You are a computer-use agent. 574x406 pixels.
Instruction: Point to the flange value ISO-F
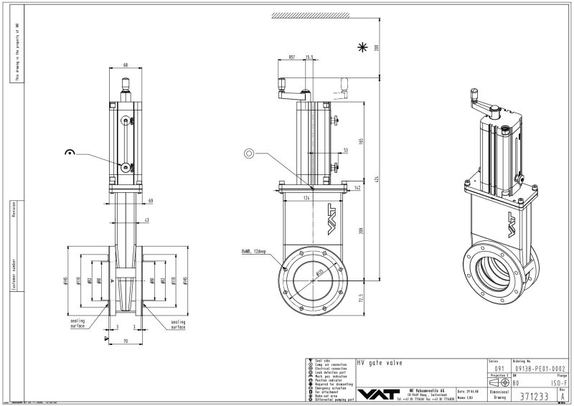point(555,382)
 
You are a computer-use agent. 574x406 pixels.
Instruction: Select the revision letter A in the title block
point(563,395)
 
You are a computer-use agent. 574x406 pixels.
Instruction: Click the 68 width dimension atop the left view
point(126,65)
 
